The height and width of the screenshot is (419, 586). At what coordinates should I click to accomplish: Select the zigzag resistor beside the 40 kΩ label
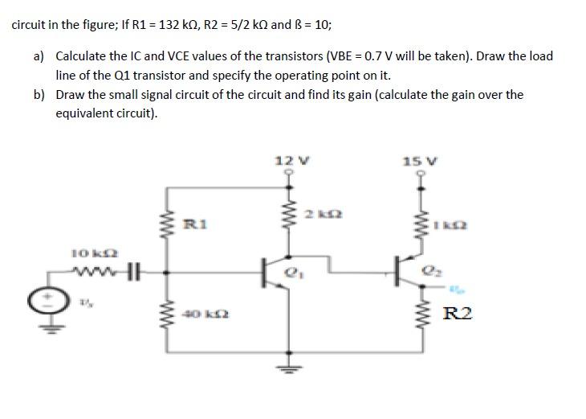(x=169, y=316)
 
